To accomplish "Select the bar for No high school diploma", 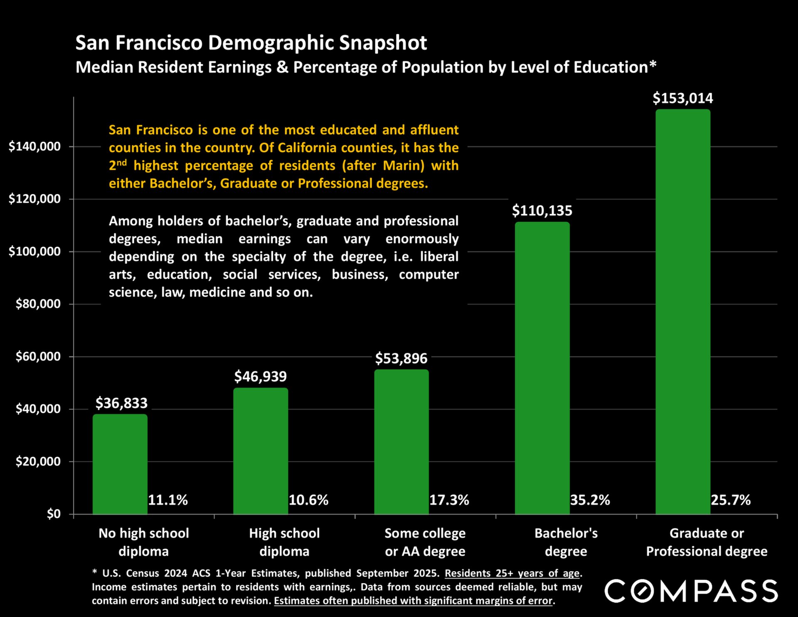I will pos(120,464).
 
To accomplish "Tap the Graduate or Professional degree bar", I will pos(683,312).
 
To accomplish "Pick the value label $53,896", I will pos(401,358).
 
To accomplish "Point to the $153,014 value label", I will pos(683,98).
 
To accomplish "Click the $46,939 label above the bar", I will pos(260,377).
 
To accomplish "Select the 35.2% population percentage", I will pos(590,500).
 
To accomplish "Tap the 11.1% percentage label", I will pos(168,500).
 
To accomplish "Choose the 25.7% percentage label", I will pos(731,500).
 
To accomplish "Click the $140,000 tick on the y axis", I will pos(35,146).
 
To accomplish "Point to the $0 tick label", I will pos(54,514).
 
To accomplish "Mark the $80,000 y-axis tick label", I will pos(38,304).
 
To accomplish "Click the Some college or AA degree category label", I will pos(425,542).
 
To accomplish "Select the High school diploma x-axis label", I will pos(284,542).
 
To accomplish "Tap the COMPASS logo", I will pos(691,591).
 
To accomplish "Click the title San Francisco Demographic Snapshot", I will pos(251,43).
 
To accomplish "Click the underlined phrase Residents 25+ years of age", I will pos(512,573).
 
